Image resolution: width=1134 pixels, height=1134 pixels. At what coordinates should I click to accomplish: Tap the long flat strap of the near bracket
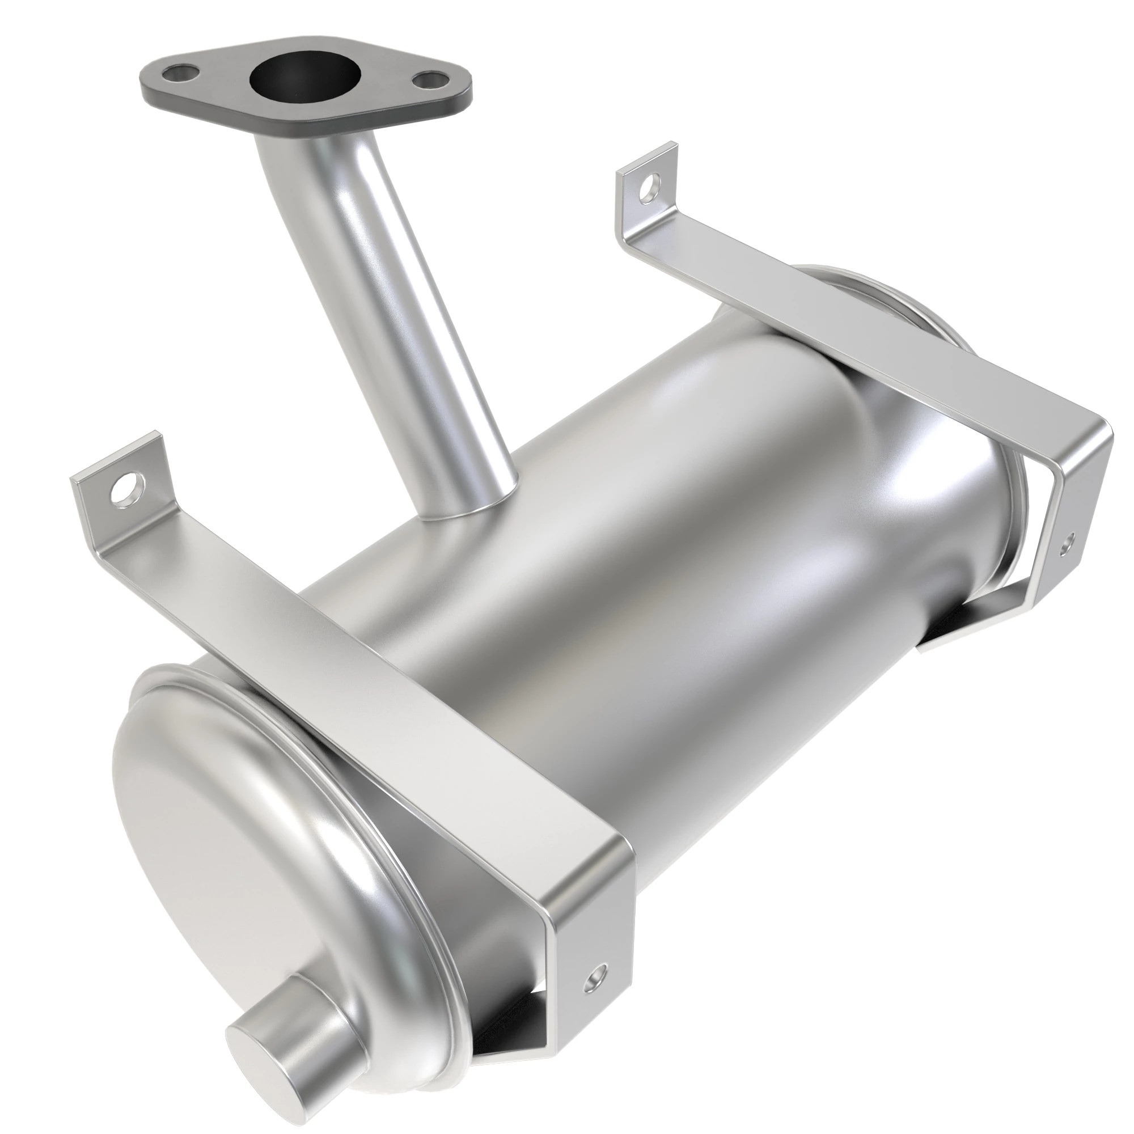coord(364,646)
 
